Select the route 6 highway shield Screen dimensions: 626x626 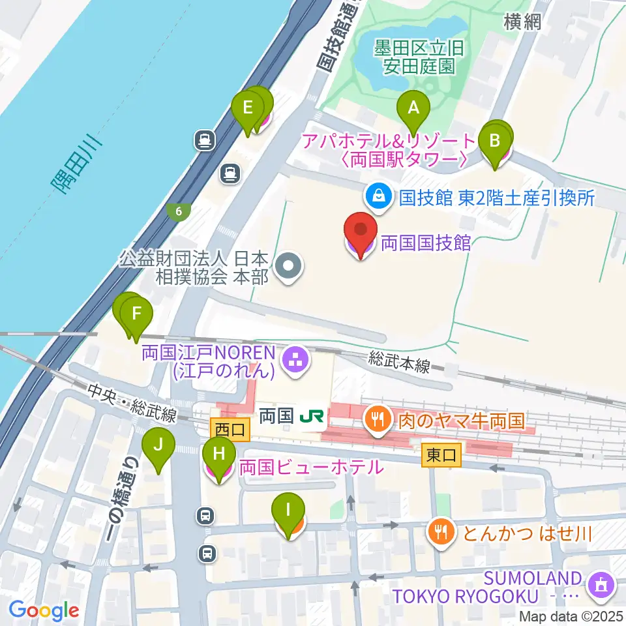(178, 211)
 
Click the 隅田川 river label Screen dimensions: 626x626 (77, 166)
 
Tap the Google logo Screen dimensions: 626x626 (44, 610)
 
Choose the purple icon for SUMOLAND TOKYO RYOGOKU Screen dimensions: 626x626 (598, 585)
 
